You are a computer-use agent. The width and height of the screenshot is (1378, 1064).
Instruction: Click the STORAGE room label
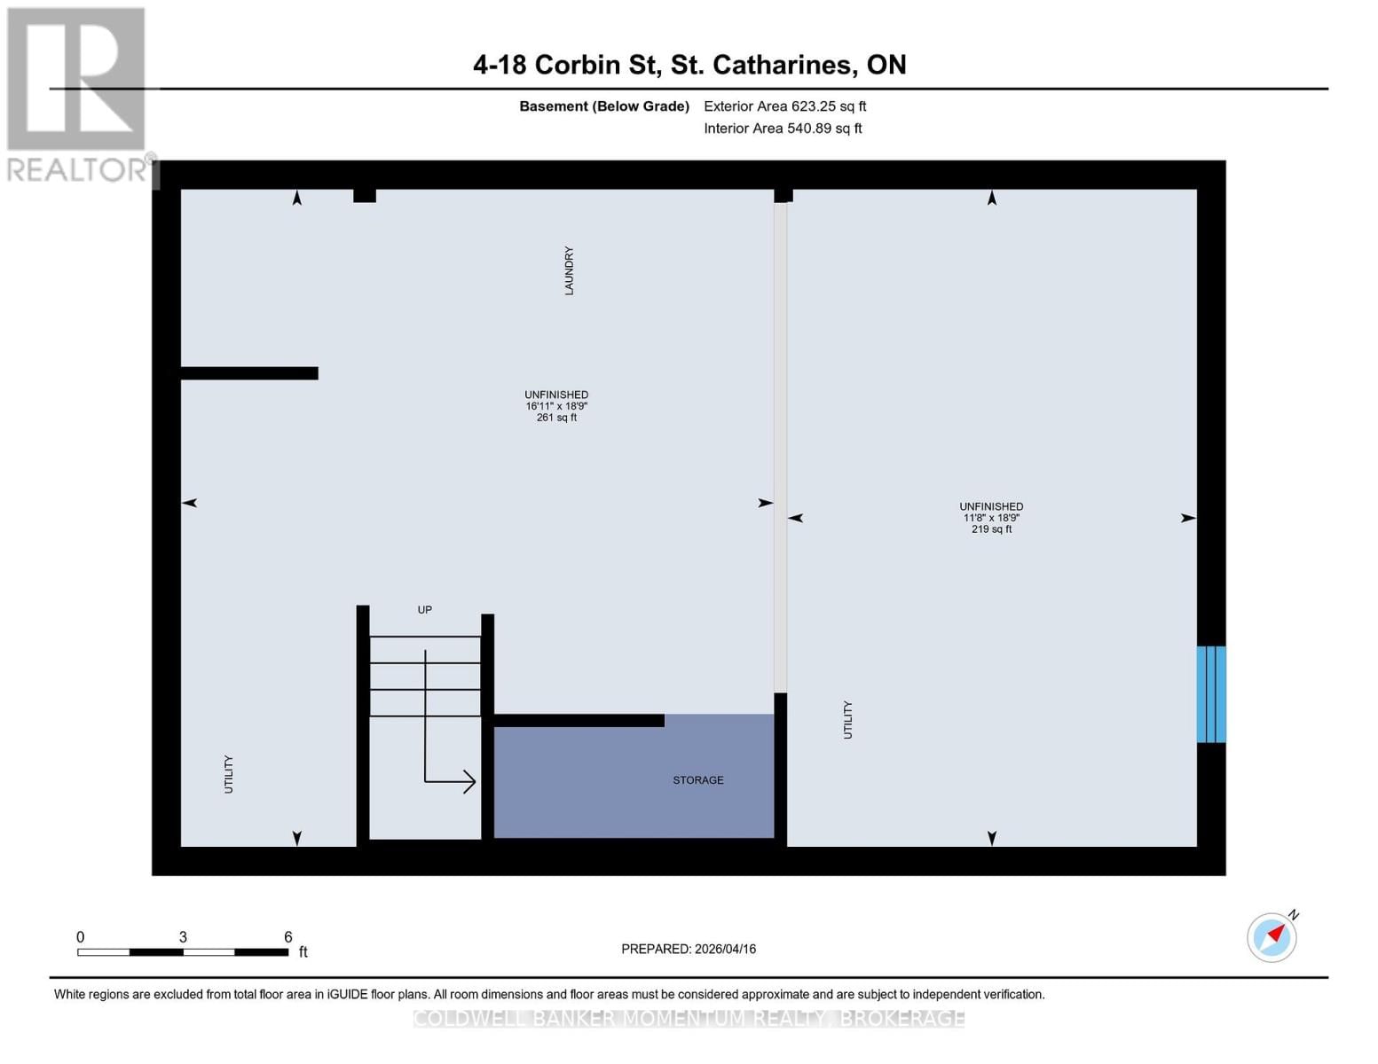pyautogui.click(x=698, y=780)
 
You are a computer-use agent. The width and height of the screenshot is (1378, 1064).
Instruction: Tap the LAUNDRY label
pyautogui.click(x=569, y=270)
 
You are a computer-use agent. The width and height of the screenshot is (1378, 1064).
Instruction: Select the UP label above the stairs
pyautogui.click(x=425, y=610)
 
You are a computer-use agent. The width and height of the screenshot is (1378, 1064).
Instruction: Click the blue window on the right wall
pyautogui.click(x=1211, y=694)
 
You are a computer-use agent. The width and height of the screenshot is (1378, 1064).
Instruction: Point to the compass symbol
pyautogui.click(x=1272, y=937)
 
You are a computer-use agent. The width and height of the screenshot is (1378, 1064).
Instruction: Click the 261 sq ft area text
pyautogui.click(x=556, y=418)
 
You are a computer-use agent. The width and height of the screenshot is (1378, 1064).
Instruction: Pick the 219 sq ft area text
pyautogui.click(x=991, y=529)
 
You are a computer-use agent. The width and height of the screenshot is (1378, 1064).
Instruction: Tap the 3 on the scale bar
pyautogui.click(x=183, y=937)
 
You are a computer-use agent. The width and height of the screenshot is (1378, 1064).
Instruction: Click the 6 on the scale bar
pyautogui.click(x=288, y=937)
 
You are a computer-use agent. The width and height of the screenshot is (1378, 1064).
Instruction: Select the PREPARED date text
pyautogui.click(x=689, y=949)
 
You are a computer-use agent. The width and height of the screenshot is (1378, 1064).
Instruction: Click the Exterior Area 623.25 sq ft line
pyautogui.click(x=785, y=106)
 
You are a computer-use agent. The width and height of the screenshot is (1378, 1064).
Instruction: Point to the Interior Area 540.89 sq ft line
pyautogui.click(x=783, y=129)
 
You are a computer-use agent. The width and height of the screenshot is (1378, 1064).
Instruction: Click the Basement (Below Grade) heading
pyautogui.click(x=604, y=106)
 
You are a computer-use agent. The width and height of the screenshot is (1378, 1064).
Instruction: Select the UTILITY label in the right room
pyautogui.click(x=847, y=720)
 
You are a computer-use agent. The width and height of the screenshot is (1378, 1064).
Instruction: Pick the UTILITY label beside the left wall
pyautogui.click(x=229, y=774)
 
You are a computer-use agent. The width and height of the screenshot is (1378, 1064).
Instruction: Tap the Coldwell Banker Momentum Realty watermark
pyautogui.click(x=689, y=1019)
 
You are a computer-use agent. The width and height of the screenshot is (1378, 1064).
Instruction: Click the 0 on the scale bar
pyautogui.click(x=81, y=937)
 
